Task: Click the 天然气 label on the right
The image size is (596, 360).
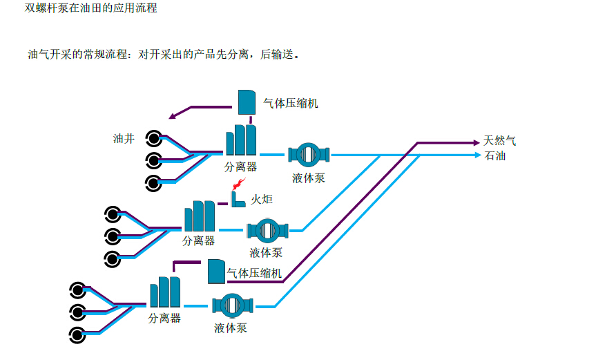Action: pos(499,141)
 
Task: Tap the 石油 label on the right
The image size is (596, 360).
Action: pos(494,155)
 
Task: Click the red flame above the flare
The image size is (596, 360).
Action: pos(238,183)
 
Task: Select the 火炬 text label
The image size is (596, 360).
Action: pos(261,200)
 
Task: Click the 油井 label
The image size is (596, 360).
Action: pos(124,138)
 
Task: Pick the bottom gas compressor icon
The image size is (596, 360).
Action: pos(216,272)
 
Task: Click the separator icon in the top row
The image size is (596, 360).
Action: pos(241,140)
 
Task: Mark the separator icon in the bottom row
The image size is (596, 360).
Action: pos(165,292)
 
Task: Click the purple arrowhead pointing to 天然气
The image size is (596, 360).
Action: pos(476,142)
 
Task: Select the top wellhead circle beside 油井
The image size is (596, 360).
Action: pos(153,138)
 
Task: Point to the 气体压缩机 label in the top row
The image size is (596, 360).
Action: pos(291,104)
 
